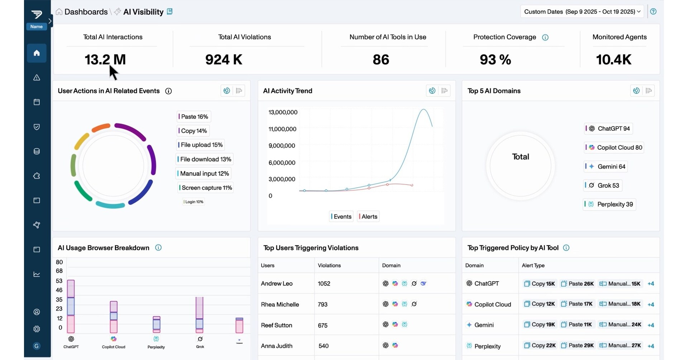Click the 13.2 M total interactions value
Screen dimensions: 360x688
105,59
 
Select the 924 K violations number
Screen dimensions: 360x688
224,59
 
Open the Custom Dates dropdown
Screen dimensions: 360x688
582,11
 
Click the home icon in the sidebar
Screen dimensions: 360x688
37,53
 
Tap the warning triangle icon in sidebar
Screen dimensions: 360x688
37,78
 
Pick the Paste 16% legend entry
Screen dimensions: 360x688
194,116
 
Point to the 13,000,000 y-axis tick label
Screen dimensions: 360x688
283,112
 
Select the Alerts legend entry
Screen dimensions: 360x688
368,216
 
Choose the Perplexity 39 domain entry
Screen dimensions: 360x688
610,204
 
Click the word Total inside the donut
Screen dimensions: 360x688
520,157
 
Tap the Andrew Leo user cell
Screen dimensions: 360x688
277,283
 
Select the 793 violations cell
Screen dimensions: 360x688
322,304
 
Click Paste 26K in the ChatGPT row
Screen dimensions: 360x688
577,284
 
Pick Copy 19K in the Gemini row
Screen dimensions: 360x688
539,325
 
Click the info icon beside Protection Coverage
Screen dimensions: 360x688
545,37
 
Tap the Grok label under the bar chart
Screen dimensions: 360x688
200,346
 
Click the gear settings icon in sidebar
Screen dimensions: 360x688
37,329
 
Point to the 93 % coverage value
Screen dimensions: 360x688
495,59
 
